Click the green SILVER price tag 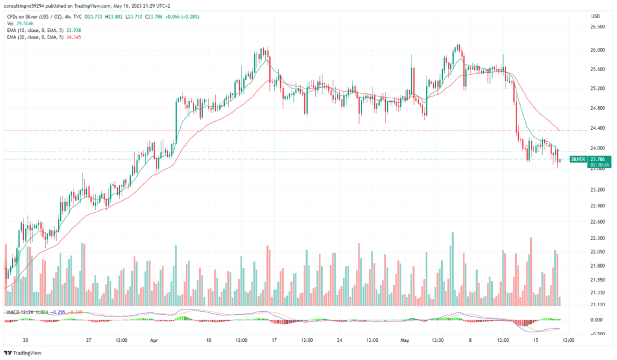[578, 159]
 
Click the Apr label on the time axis [154, 340]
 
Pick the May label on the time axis [404, 340]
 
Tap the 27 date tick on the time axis [89, 340]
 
